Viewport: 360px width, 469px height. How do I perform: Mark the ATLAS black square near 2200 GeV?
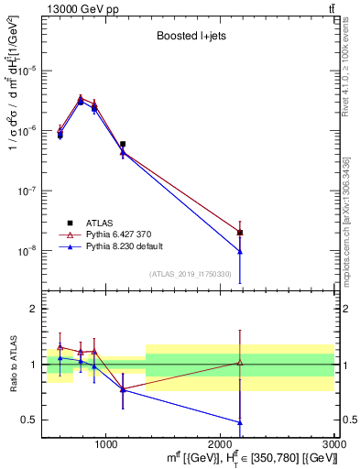pos(240,233)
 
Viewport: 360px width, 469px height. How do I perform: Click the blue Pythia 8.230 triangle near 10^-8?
pos(240,251)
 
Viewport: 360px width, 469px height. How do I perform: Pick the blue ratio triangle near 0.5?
pos(240,422)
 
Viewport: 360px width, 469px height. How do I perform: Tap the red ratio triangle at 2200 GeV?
pos(240,363)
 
